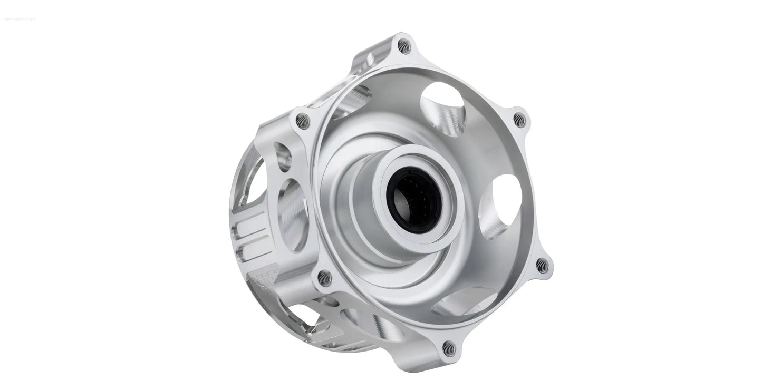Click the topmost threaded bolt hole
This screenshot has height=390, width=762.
(403, 46)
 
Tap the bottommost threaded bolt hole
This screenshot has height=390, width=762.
(448, 347)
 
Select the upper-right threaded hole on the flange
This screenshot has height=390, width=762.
(519, 120)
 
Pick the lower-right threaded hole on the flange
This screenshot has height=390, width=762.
(542, 265)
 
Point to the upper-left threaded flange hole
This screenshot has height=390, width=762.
(302, 121)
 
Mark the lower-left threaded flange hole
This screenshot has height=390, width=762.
(324, 277)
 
